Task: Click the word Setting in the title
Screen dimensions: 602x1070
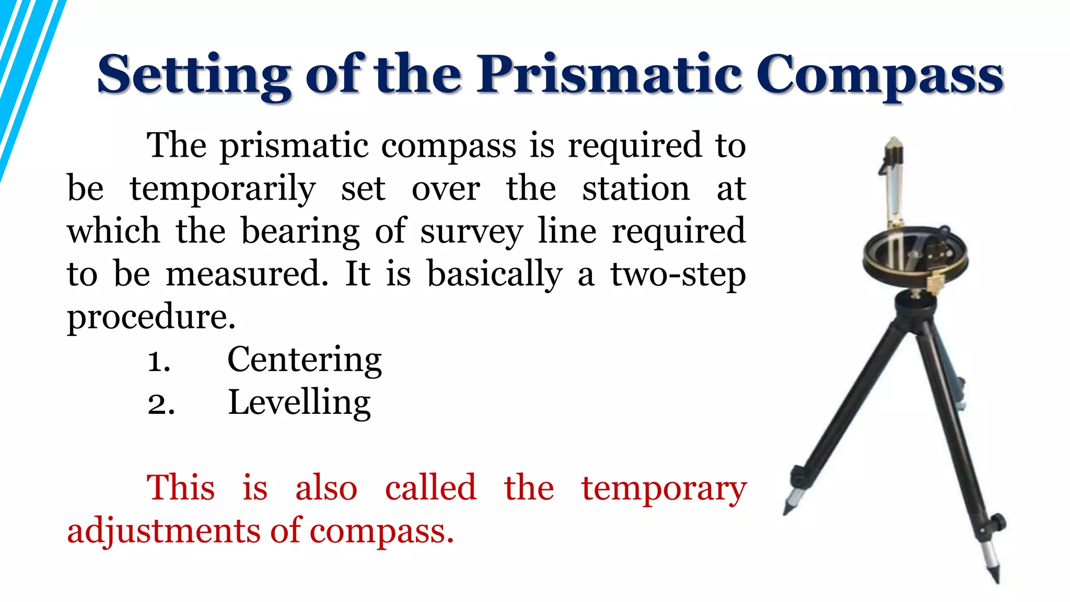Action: [193, 76]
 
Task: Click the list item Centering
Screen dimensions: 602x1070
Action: [305, 360]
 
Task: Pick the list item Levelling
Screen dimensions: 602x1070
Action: [299, 403]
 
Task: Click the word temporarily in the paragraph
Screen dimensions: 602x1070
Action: [223, 190]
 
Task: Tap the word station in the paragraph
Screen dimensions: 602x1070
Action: [636, 189]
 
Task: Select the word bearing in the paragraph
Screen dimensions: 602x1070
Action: [300, 231]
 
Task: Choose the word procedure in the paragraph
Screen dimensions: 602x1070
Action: [151, 317]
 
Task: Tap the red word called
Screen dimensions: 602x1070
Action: [431, 488]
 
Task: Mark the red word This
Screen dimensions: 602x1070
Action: [180, 488]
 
